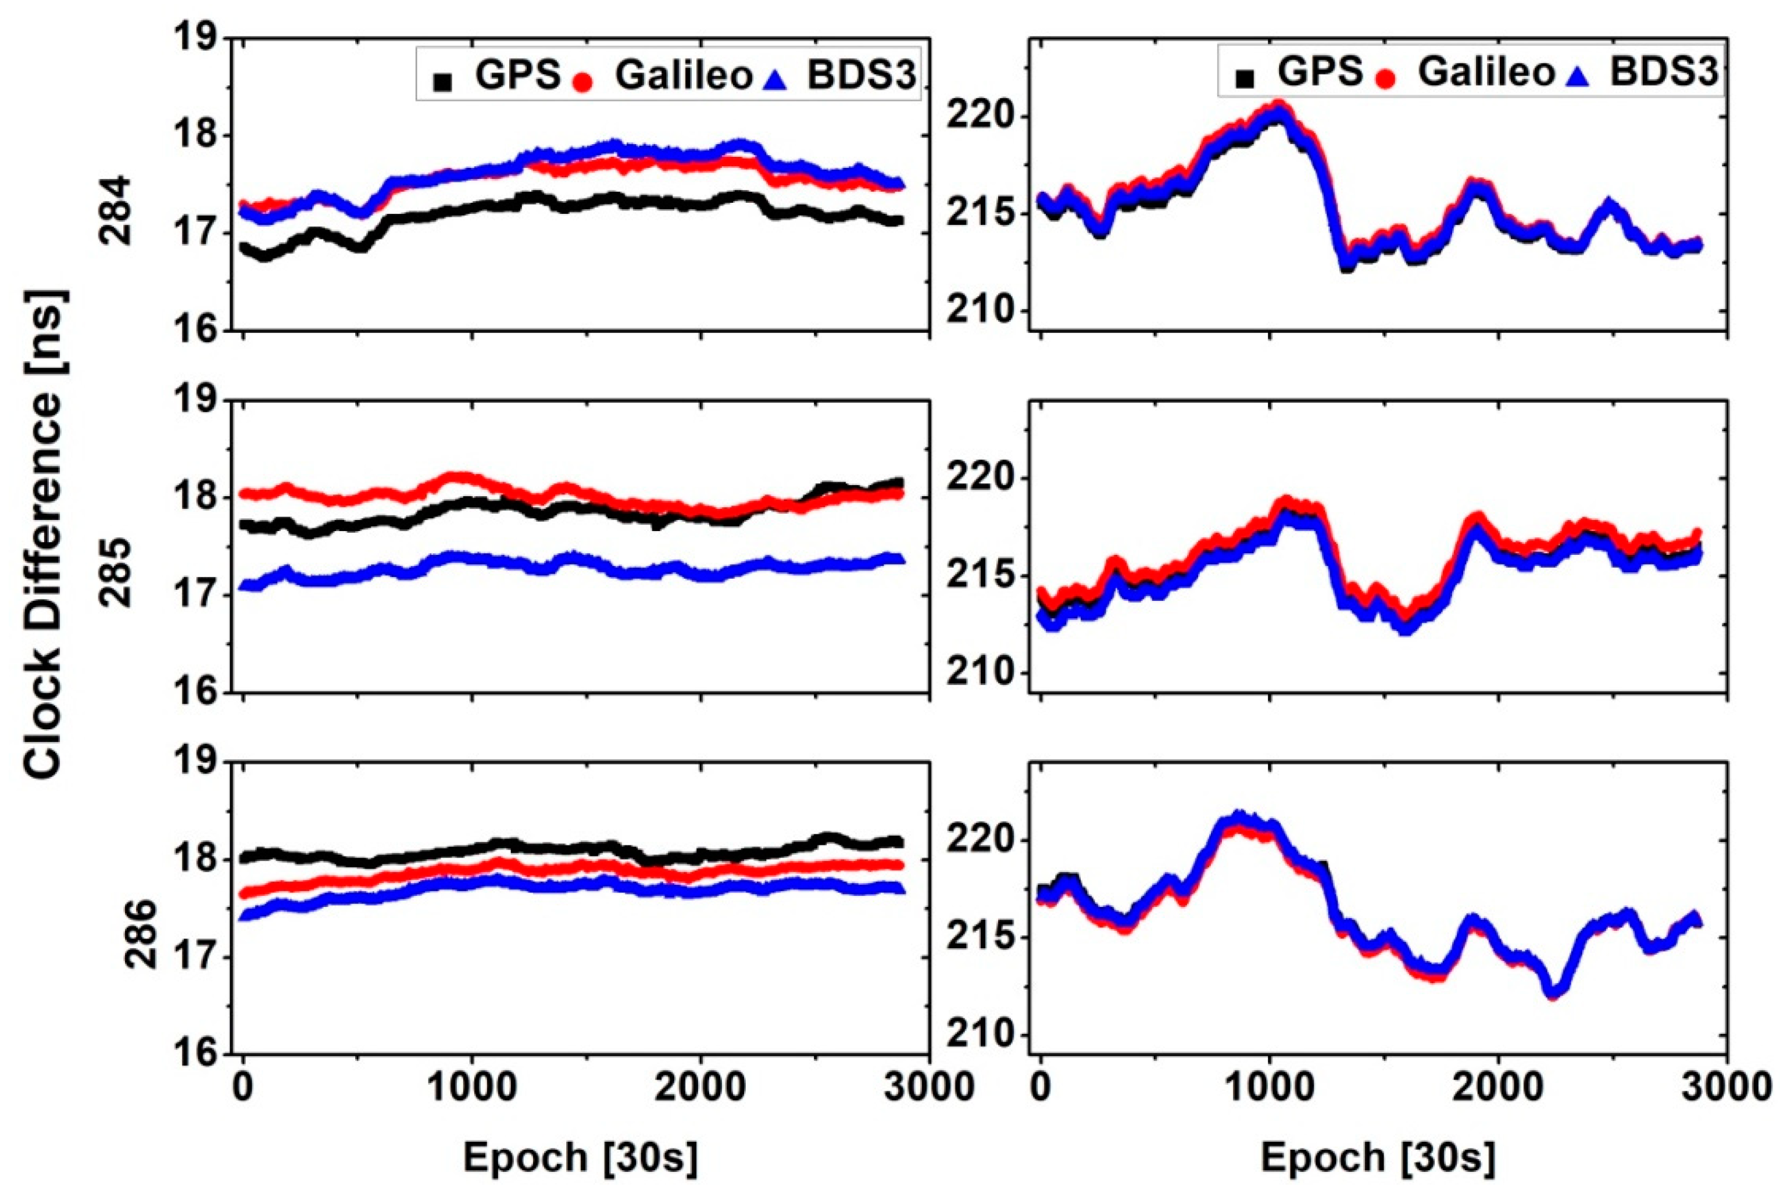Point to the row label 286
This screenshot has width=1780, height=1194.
coord(140,934)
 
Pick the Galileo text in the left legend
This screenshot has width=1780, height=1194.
coord(683,76)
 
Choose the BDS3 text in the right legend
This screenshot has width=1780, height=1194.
coord(1664,73)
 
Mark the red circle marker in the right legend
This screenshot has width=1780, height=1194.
coord(1385,78)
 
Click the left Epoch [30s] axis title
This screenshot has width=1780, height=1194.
coord(580,1158)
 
